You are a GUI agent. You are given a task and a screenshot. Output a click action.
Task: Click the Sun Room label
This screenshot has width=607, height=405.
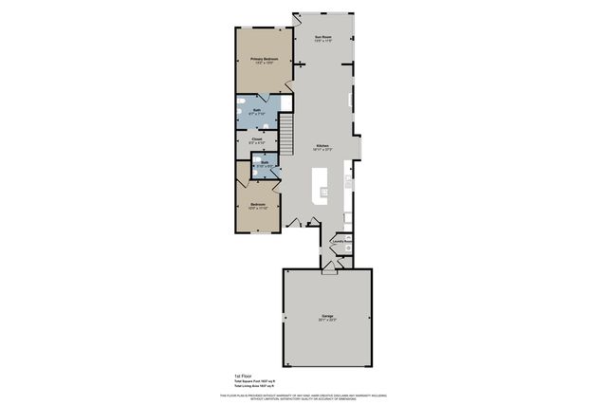click(x=323, y=37)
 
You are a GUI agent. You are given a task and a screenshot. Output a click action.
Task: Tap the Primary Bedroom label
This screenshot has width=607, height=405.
click(x=263, y=60)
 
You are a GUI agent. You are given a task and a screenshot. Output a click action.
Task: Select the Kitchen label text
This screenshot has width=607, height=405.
click(x=323, y=145)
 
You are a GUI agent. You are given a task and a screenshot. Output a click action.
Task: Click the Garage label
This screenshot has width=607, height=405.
click(x=326, y=316)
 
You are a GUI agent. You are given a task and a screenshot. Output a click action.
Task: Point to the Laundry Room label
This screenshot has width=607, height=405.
click(x=342, y=241)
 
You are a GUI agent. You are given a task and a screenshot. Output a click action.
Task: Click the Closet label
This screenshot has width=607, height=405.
click(x=257, y=139)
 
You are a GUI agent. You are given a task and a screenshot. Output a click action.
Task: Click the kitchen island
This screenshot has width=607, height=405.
click(x=323, y=181)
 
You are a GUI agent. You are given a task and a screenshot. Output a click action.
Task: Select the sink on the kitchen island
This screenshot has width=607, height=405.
click(x=324, y=190)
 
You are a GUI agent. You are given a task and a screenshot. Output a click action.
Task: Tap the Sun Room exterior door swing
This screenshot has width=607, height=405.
click(x=300, y=18)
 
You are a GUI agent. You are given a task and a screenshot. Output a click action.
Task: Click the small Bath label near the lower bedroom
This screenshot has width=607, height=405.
click(x=267, y=162)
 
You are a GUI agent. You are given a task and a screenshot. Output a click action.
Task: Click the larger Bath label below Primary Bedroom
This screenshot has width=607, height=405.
click(x=257, y=111)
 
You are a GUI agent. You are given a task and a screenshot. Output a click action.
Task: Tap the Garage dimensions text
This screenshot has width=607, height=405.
click(x=326, y=321)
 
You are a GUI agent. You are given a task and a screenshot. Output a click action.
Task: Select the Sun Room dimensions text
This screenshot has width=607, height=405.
click(x=323, y=42)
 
